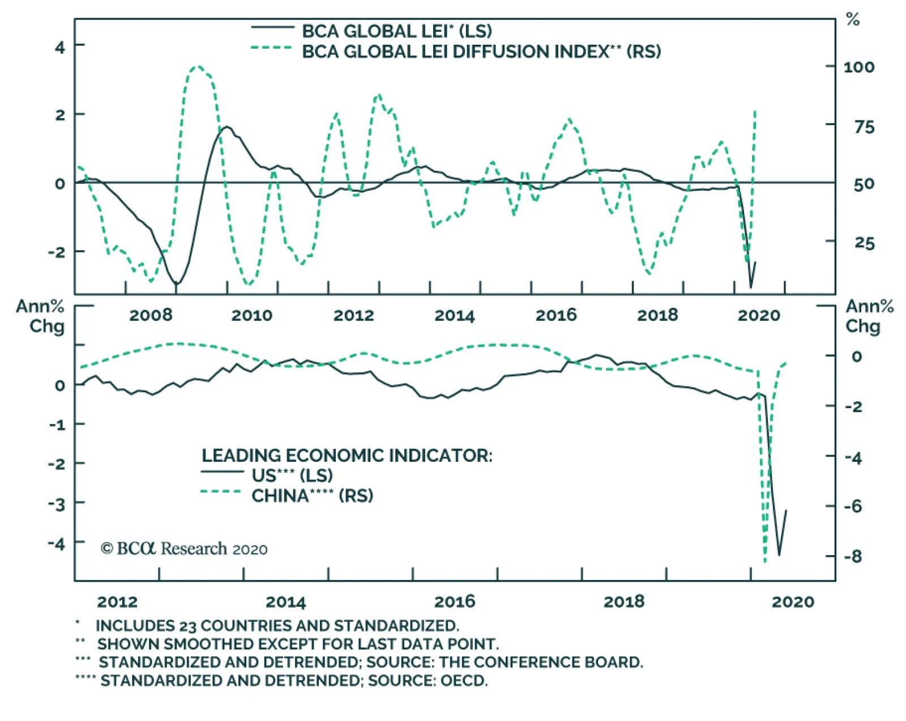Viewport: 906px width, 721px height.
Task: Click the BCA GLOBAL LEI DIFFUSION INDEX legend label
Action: pos(481,51)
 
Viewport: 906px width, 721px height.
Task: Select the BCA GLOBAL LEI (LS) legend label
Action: pos(396,31)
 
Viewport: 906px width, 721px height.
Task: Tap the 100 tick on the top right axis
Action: pos(858,67)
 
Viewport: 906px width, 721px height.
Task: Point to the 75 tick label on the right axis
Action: pos(864,127)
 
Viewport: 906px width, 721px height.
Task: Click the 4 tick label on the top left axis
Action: pos(60,47)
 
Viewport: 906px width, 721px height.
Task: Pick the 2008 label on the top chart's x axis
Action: pos(150,315)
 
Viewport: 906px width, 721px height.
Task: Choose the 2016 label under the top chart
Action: pos(555,315)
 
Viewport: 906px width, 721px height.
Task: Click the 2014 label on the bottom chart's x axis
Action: pos(285,602)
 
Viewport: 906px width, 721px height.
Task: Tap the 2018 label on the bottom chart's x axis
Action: pos(623,602)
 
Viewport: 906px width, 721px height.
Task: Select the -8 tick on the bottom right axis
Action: pos(852,556)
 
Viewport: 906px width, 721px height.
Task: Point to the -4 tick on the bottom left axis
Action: pos(57,544)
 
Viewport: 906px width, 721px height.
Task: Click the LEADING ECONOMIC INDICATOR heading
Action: pos(347,456)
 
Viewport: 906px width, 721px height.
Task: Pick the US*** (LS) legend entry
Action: pos(292,475)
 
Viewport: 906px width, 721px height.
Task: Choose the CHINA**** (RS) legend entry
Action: pos(312,496)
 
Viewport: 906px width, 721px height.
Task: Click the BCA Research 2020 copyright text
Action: pos(184,548)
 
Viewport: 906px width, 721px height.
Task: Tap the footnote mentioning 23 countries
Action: pos(277,626)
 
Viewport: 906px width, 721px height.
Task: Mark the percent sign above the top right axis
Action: pos(852,20)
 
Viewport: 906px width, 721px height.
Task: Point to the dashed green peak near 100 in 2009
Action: pos(196,67)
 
